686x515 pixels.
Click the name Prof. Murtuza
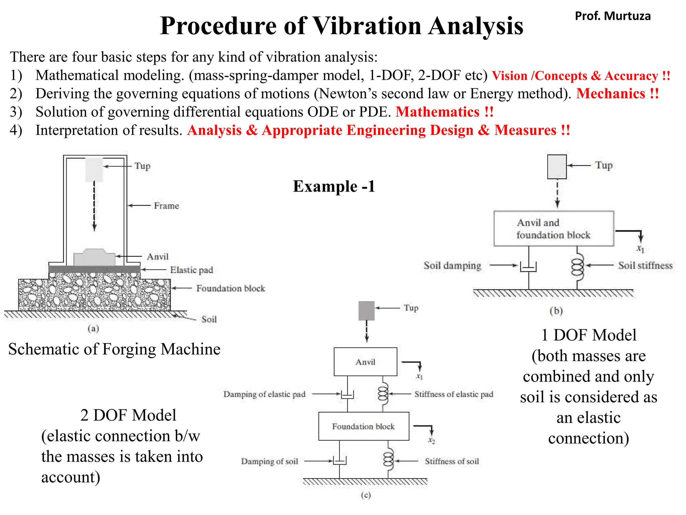coord(612,16)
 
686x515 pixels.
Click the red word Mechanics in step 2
coord(610,94)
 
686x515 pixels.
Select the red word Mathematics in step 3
coord(437,112)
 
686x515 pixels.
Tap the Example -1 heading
coord(334,186)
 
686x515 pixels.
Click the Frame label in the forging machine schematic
coord(166,206)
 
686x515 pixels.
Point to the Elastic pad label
coord(191,270)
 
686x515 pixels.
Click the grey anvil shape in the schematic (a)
coord(94,258)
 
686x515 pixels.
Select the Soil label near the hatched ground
coord(209,319)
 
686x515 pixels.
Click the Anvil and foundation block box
coord(553,229)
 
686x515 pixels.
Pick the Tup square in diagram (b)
coord(557,167)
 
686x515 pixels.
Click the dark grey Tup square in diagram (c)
coord(366,310)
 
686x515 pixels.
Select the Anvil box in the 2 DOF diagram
coord(365,362)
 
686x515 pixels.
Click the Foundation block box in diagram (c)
coord(363,426)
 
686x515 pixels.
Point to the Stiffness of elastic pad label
coord(454,394)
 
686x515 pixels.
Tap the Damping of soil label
coord(269,461)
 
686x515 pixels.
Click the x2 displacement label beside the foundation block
coord(431,441)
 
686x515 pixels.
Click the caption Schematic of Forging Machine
coord(114,349)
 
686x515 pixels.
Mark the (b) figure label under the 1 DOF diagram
coord(556,311)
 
